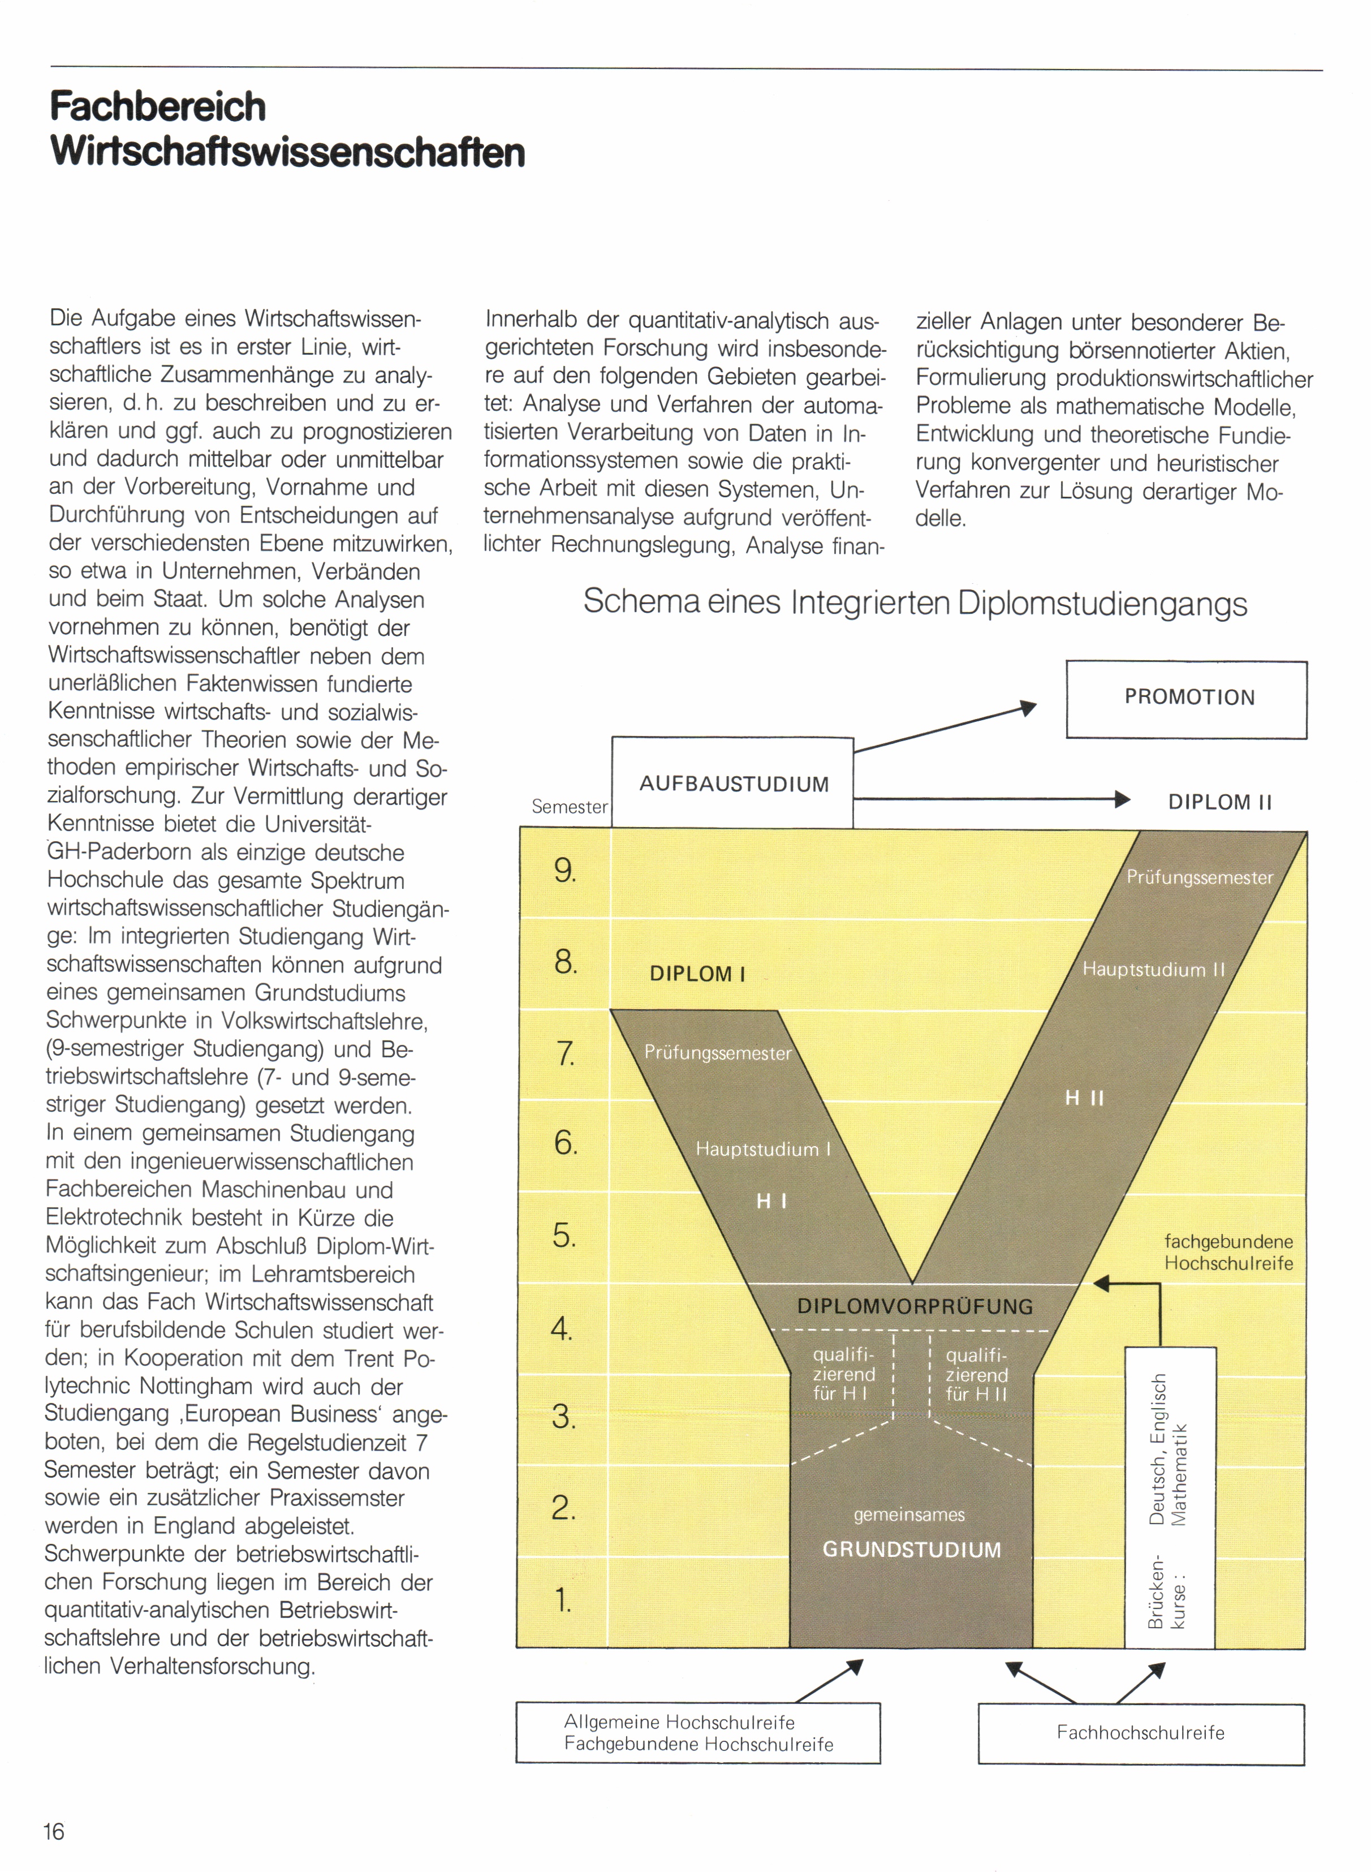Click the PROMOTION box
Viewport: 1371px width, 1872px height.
(1187, 699)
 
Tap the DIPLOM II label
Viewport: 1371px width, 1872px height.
(1219, 802)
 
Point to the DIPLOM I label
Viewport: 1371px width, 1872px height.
(697, 974)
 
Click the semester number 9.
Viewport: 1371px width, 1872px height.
(564, 871)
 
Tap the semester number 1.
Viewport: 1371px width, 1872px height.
(563, 1599)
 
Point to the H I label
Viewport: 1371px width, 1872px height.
(771, 1201)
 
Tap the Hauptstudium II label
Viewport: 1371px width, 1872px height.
(1153, 970)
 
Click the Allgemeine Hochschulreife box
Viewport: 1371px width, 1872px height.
(697, 1732)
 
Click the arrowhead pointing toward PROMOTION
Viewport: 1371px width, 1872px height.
(1029, 708)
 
